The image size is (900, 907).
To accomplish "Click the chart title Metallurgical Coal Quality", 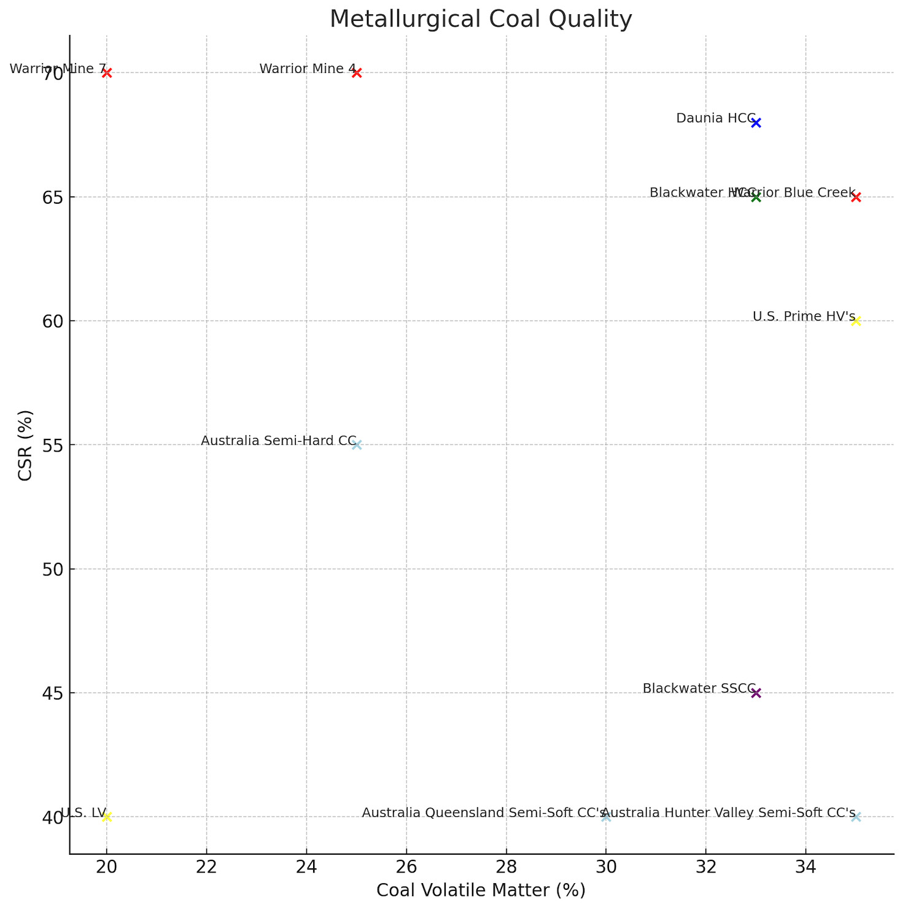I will point(481,19).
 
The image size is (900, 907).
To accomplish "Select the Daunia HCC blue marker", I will point(756,123).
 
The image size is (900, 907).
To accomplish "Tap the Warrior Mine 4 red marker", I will point(357,73).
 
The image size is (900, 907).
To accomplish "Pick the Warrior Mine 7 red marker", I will point(107,73).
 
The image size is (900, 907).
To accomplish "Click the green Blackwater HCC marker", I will point(756,197).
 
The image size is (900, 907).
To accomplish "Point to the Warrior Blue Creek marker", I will point(856,197).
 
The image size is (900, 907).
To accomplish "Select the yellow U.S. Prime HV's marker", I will point(856,321).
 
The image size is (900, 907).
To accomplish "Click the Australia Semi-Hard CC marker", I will point(357,445).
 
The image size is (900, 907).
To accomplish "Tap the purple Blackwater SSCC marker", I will point(756,693).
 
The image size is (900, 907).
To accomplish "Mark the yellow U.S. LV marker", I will point(107,817).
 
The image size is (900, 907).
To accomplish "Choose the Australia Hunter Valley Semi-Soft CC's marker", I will point(856,817).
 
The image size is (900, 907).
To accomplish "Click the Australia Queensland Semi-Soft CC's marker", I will point(606,817).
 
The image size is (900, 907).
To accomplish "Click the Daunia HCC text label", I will point(715,118).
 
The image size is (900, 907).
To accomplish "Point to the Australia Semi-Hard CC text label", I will point(278,441).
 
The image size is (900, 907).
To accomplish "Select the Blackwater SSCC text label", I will point(698,689).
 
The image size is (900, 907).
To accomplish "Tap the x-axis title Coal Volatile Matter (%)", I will point(481,890).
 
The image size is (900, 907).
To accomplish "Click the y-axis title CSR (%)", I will point(25,445).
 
